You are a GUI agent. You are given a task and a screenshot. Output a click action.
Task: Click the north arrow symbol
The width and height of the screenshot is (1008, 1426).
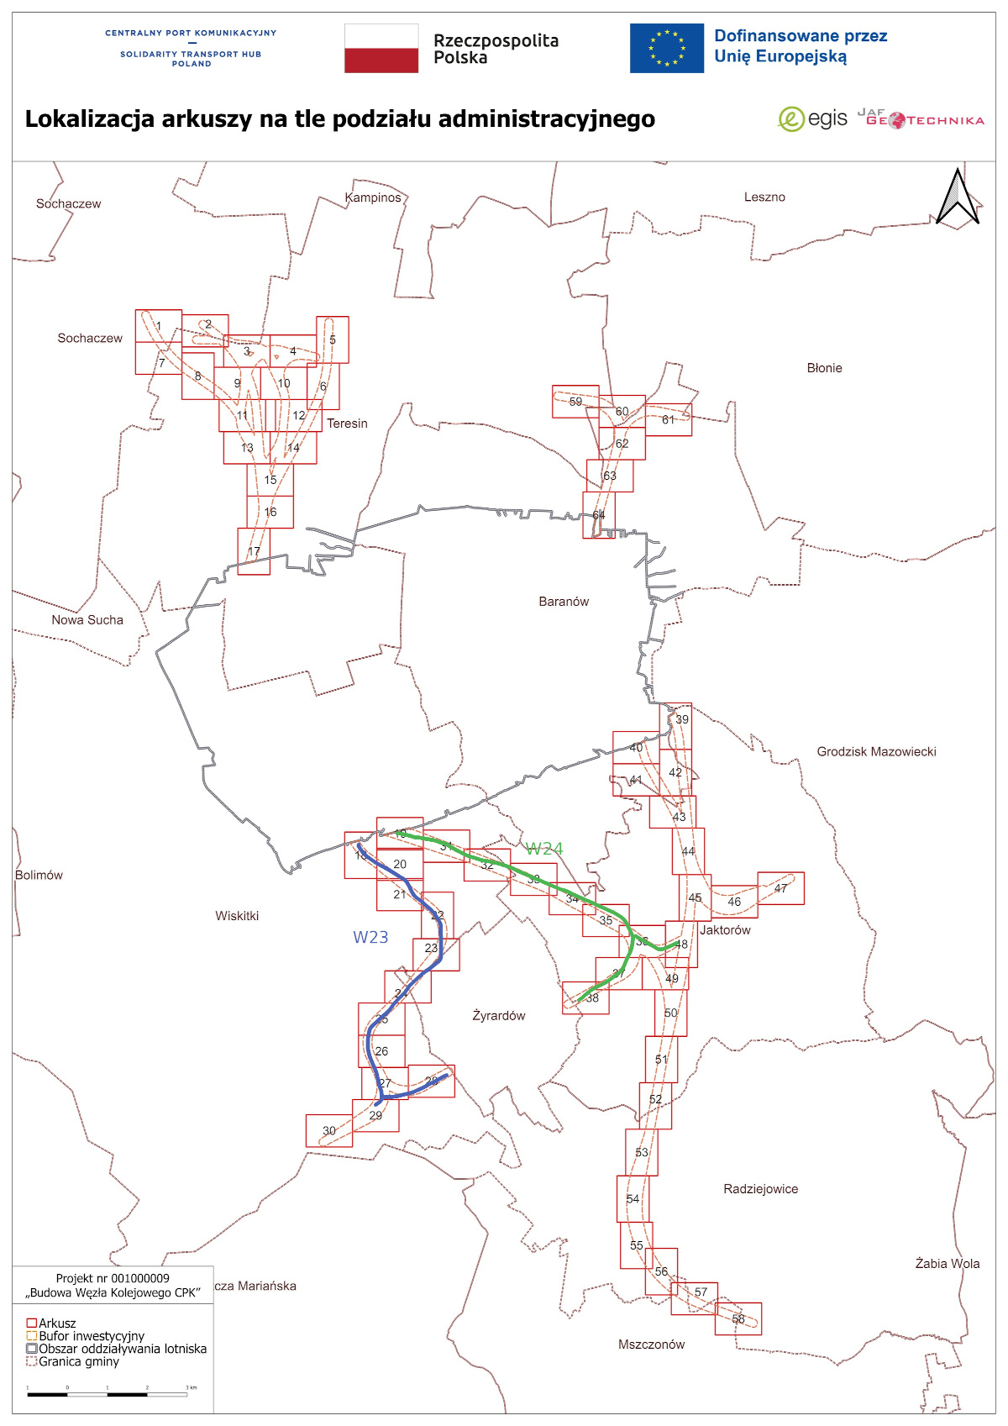[x=958, y=197]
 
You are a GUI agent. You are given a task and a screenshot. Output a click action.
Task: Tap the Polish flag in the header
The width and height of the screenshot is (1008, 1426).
[x=381, y=49]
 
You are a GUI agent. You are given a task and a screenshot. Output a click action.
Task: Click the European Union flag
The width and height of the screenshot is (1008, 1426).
[x=667, y=49]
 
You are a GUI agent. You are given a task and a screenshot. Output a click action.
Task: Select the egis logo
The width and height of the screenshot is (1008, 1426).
[x=812, y=119]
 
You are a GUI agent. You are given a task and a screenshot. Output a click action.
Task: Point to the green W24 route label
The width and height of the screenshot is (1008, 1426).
[x=544, y=849]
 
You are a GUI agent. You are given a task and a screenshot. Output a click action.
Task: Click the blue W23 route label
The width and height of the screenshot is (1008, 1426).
[x=370, y=938]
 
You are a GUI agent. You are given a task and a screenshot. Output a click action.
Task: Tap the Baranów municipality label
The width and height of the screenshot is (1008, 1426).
[x=564, y=602]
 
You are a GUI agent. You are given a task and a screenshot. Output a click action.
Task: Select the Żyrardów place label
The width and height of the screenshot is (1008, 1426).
[x=499, y=1016]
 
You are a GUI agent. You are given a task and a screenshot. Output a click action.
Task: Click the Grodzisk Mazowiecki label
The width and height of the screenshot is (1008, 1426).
[x=876, y=752]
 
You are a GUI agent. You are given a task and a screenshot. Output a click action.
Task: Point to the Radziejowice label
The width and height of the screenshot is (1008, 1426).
[x=760, y=1189]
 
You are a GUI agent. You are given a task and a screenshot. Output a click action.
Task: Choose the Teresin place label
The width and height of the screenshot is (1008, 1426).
[x=347, y=424]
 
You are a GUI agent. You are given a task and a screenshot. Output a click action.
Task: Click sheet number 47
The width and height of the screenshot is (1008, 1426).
[x=781, y=888]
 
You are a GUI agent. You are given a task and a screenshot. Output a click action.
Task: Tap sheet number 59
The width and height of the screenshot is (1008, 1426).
[x=575, y=402]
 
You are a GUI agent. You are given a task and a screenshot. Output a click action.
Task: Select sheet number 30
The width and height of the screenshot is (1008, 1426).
[x=329, y=1131]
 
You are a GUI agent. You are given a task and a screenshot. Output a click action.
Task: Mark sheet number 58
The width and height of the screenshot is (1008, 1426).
[x=738, y=1319]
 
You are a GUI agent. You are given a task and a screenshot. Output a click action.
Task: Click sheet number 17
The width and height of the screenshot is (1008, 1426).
[x=254, y=551]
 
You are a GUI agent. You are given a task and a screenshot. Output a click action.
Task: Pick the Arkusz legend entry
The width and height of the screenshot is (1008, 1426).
[x=57, y=1323]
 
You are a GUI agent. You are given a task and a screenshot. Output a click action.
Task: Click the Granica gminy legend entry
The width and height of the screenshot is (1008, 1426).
[x=79, y=1362]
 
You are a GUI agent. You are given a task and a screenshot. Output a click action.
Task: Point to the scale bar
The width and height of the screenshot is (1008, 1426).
[x=108, y=1394]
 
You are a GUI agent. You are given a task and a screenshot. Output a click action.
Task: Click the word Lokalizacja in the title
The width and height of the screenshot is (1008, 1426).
[x=90, y=119]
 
